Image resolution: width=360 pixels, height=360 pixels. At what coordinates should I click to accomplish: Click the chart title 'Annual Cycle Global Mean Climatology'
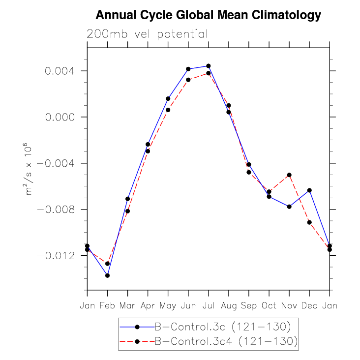point(208,16)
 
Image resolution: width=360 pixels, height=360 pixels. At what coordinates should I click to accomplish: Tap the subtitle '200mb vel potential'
point(147,34)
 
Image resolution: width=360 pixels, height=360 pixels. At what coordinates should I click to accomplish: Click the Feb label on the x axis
point(107,306)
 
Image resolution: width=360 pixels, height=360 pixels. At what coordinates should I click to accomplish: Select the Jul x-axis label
point(208,306)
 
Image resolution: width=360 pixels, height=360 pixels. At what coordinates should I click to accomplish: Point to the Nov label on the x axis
point(289,306)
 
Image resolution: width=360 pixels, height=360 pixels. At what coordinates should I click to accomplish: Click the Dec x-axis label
point(309,306)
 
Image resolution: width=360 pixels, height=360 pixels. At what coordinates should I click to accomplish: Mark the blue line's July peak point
point(209,66)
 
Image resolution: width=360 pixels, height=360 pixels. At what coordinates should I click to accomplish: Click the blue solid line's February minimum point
point(107,275)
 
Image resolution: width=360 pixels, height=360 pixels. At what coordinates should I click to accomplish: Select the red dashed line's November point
point(289,175)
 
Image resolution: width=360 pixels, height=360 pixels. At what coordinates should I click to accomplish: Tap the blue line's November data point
point(289,207)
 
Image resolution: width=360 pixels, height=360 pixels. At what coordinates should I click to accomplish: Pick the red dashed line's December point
point(309,222)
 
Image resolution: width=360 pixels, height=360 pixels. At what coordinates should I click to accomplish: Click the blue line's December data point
point(309,190)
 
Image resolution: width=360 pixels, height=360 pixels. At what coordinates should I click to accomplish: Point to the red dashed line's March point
point(128,211)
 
